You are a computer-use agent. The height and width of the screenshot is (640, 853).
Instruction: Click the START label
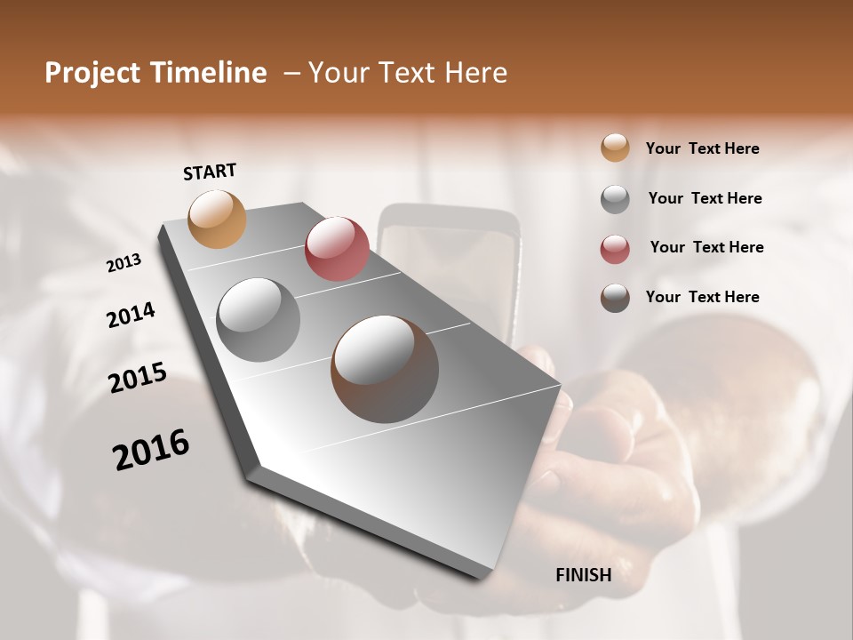click(210, 172)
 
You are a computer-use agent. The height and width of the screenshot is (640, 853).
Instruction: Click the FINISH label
click(583, 575)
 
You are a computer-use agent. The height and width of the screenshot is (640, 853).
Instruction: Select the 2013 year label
click(124, 263)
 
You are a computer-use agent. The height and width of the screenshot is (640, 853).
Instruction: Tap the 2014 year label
click(131, 316)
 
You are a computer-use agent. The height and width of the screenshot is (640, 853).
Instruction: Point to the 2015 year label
click(138, 378)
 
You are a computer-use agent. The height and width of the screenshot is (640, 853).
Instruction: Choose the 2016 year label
click(151, 449)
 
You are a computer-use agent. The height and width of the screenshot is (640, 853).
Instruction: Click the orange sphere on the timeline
click(218, 219)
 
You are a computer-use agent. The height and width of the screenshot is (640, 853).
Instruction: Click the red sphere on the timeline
click(337, 249)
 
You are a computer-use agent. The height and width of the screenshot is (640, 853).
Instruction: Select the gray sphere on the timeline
click(259, 319)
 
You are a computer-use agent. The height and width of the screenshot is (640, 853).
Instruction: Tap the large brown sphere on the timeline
click(385, 369)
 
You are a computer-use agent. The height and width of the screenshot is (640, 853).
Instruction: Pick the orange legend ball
click(615, 148)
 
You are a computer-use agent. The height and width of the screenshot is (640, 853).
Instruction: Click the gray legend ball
click(615, 198)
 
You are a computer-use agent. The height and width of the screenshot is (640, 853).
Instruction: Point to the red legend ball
click(615, 248)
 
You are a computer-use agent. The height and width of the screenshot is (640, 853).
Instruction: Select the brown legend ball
click(615, 297)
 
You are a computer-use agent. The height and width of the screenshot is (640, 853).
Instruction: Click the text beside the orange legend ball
click(702, 148)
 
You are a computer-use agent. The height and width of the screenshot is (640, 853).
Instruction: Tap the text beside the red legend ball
click(706, 247)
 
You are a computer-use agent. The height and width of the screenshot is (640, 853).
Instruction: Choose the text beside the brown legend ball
click(702, 297)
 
